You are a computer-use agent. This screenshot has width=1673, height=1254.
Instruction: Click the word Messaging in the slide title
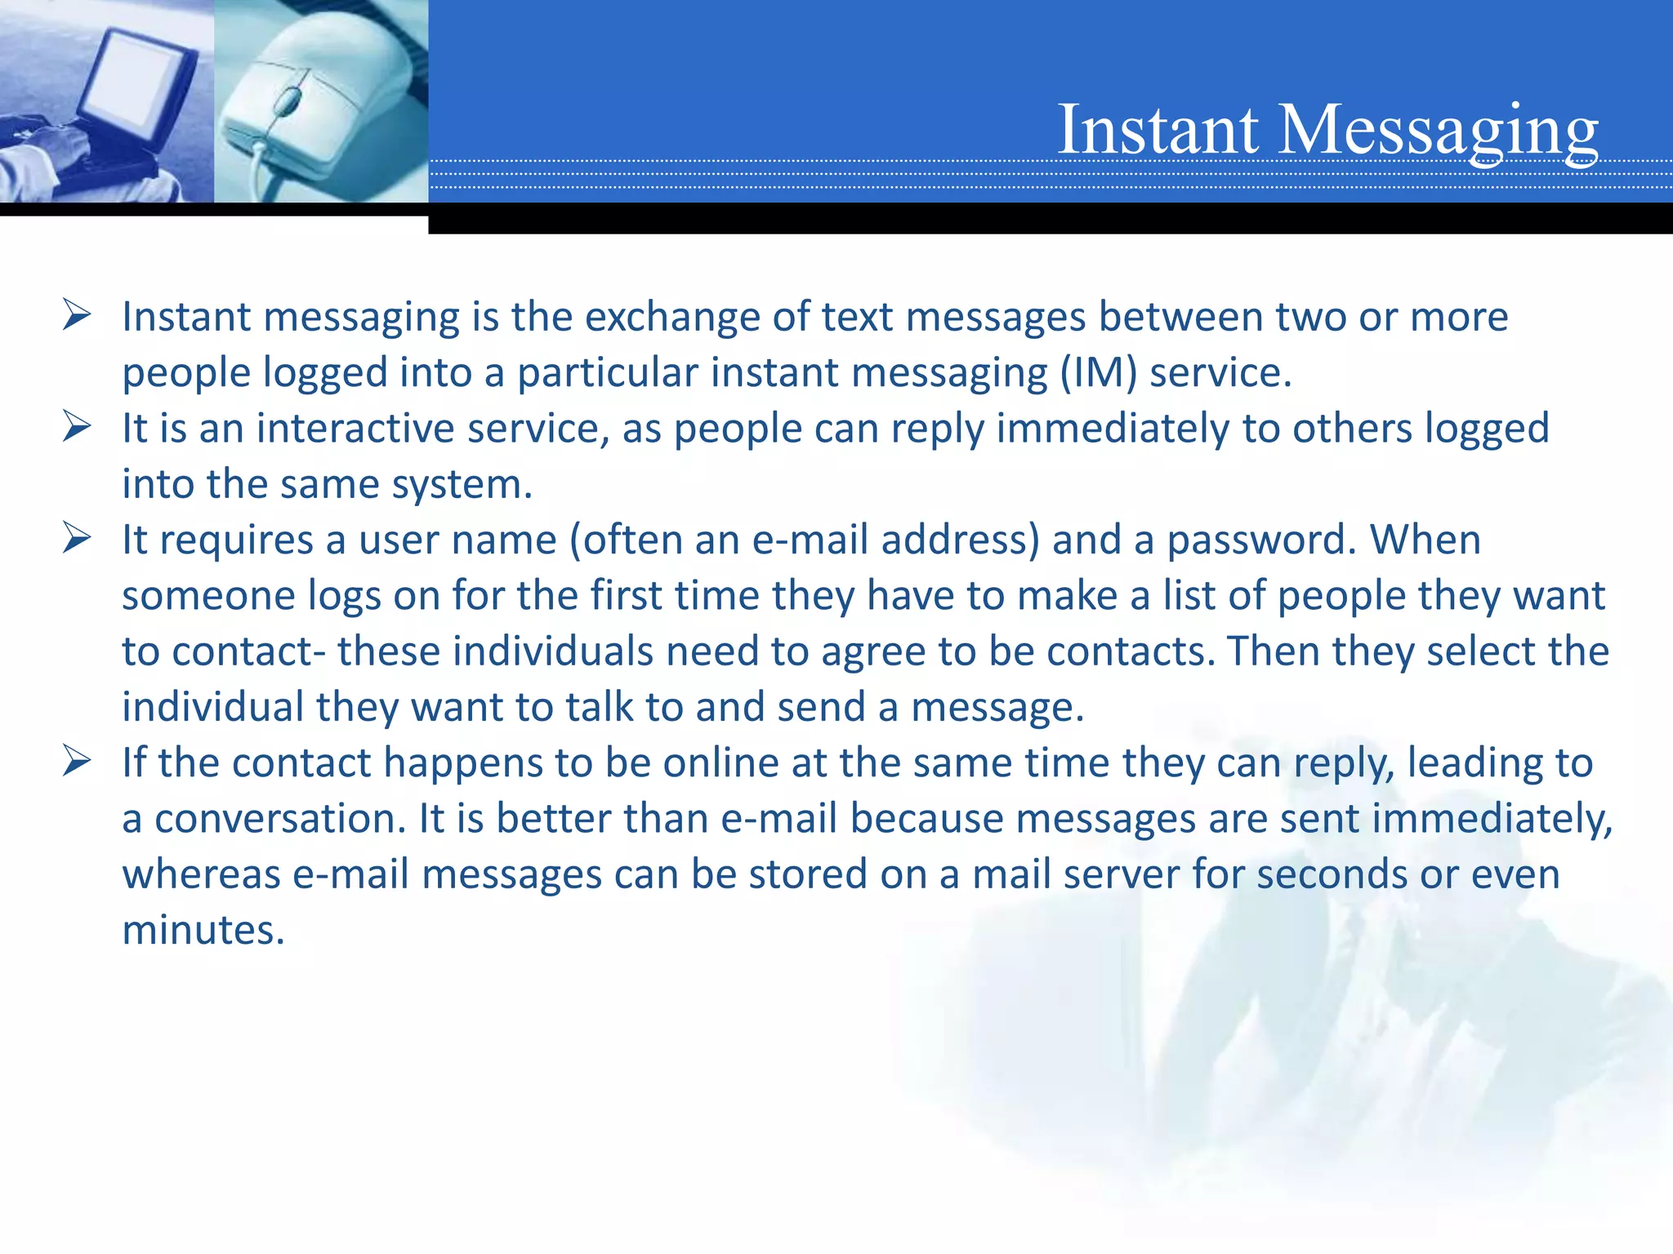[x=1437, y=131]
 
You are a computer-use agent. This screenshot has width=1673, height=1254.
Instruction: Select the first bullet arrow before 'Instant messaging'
[x=76, y=315]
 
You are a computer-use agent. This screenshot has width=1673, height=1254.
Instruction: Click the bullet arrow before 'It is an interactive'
[x=76, y=427]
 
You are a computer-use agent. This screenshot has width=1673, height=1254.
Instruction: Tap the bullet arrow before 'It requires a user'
[x=76, y=539]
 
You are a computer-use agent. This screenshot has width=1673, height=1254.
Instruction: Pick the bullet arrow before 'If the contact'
[x=76, y=762]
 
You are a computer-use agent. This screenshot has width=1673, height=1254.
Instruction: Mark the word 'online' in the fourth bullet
[x=720, y=763]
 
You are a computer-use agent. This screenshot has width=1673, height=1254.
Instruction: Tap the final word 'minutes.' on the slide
[x=203, y=930]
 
